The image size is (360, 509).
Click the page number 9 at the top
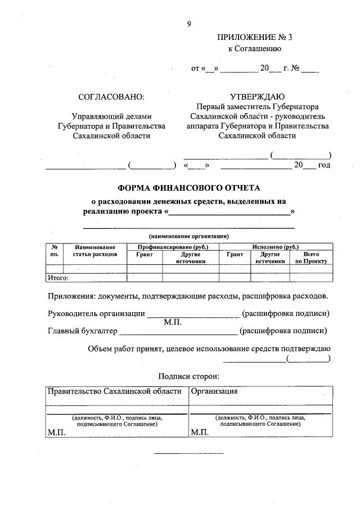(x=189, y=24)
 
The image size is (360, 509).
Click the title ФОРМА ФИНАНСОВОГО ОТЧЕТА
(x=188, y=187)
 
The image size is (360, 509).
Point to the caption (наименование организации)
(x=188, y=236)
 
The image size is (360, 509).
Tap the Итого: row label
(x=58, y=277)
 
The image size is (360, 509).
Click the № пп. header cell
(x=55, y=251)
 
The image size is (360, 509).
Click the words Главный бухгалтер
(x=83, y=331)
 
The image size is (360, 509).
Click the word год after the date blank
(x=323, y=165)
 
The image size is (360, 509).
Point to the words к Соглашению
(x=250, y=49)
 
